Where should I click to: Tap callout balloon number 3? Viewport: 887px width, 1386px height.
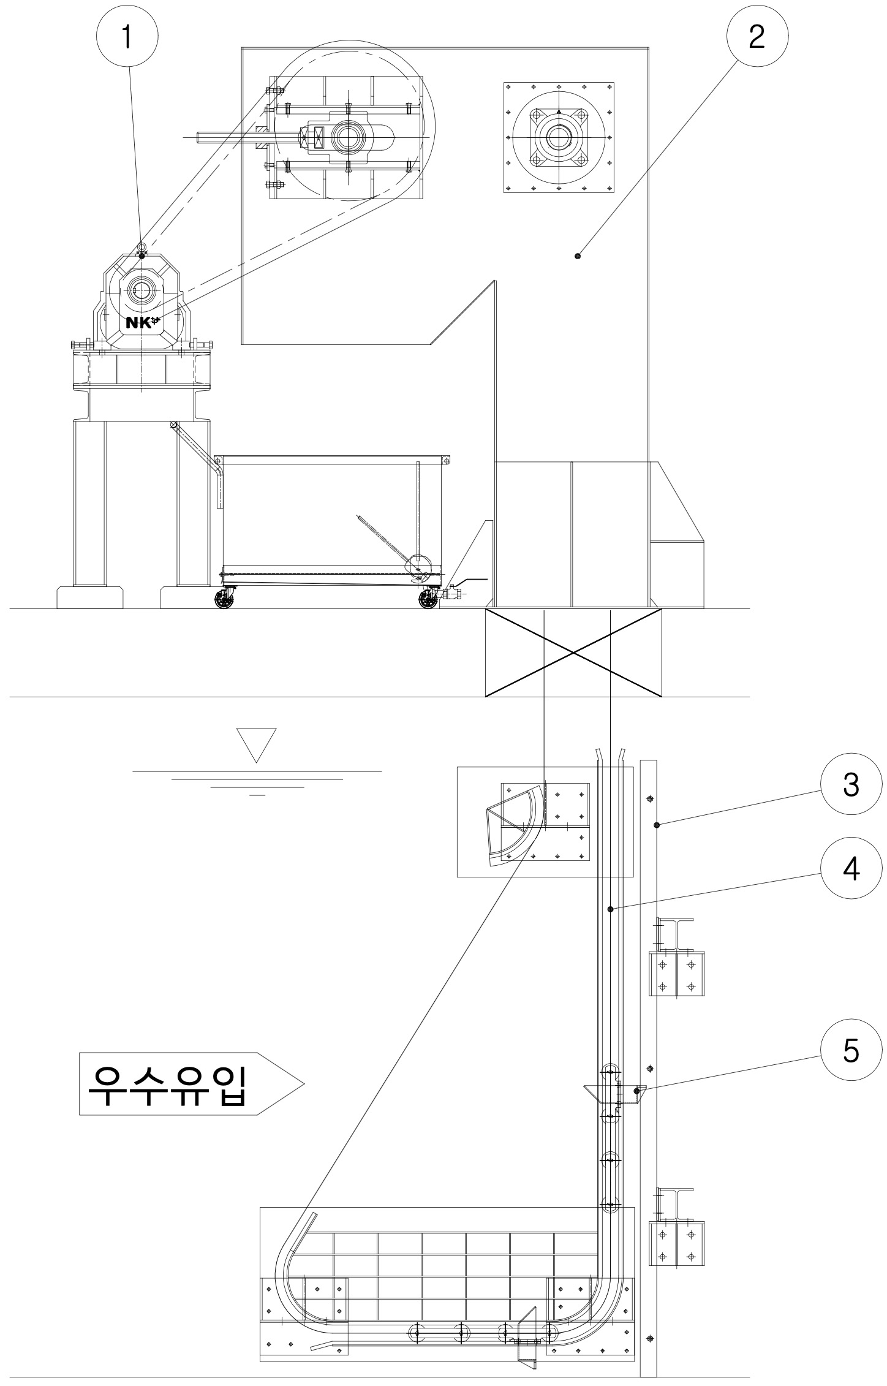pyautogui.click(x=851, y=786)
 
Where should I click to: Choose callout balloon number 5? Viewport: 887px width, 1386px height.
pyautogui.click(x=851, y=1050)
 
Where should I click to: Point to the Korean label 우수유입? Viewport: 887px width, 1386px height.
pyautogui.click(x=167, y=1083)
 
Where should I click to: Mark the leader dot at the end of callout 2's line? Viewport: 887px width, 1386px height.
pyautogui.click(x=578, y=256)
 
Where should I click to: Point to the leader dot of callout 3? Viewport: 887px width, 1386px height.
pyautogui.click(x=656, y=825)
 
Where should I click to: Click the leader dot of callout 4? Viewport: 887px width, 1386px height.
pyautogui.click(x=610, y=909)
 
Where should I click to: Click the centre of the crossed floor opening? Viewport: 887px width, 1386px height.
pyautogui.click(x=573, y=653)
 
